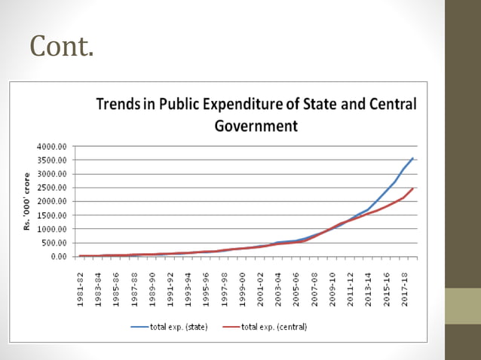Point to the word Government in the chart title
(256, 125)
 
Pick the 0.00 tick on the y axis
(59, 257)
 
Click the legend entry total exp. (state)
(169, 327)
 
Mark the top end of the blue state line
(412, 158)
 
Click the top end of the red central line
(412, 188)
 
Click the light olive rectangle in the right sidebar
(462, 307)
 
